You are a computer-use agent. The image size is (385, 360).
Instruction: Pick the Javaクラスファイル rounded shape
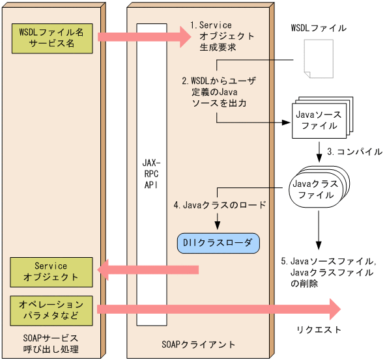(318, 189)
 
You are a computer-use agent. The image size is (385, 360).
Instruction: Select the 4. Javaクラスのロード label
(220, 205)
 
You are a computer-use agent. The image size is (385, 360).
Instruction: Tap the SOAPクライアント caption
(198, 342)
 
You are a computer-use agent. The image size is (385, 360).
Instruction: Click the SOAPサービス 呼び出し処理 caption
(52, 344)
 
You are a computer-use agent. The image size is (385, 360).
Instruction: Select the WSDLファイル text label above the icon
(318, 29)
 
